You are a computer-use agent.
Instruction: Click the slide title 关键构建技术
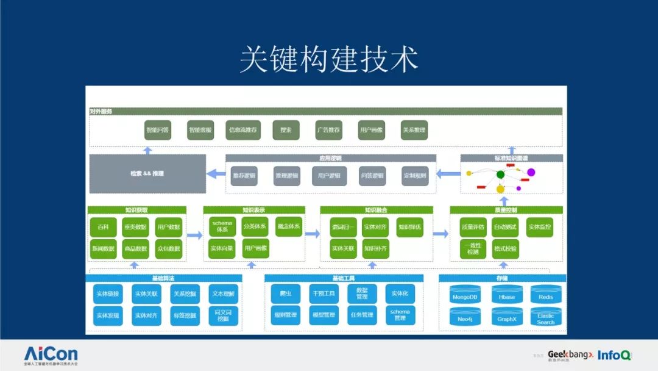[328, 60]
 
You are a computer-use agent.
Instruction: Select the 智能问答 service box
[158, 130]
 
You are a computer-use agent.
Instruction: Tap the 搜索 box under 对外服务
[286, 130]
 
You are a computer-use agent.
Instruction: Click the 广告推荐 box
[328, 130]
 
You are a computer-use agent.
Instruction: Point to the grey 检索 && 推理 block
[147, 174]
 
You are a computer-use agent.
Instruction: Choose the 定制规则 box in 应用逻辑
[414, 176]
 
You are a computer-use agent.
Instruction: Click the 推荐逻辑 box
[244, 176]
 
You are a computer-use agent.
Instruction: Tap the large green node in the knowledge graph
[500, 175]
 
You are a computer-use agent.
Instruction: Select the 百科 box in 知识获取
[103, 227]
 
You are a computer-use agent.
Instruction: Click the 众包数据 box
[169, 248]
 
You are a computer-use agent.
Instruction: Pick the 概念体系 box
[288, 226]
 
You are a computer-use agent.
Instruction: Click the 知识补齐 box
[375, 248]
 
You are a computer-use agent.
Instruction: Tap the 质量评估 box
[473, 227]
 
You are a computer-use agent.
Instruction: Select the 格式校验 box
[505, 248]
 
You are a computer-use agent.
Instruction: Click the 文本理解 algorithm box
[223, 294]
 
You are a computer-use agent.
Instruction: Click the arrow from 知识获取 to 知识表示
[194, 235]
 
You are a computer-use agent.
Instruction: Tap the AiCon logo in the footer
[51, 354]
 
